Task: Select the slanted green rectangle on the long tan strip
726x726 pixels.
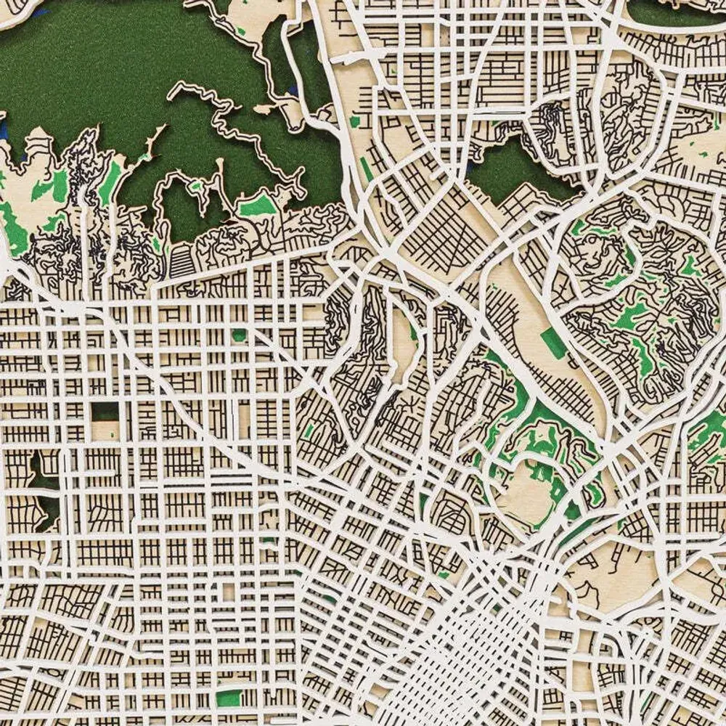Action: tap(553, 343)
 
